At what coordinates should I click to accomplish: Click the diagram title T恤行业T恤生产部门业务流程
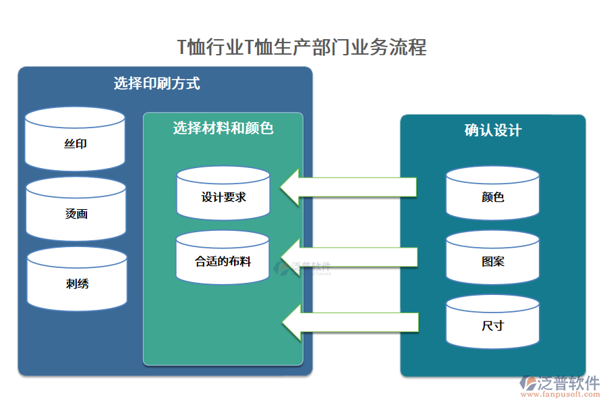click(301, 47)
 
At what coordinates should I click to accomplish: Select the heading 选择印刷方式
click(156, 84)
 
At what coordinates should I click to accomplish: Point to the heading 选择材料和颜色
click(223, 128)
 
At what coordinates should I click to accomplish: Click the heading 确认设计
click(492, 130)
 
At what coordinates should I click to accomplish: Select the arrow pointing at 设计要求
click(347, 188)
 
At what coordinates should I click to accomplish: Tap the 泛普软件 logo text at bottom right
click(568, 383)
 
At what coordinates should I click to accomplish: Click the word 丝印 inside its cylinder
click(75, 144)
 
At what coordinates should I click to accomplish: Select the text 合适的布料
click(223, 261)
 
